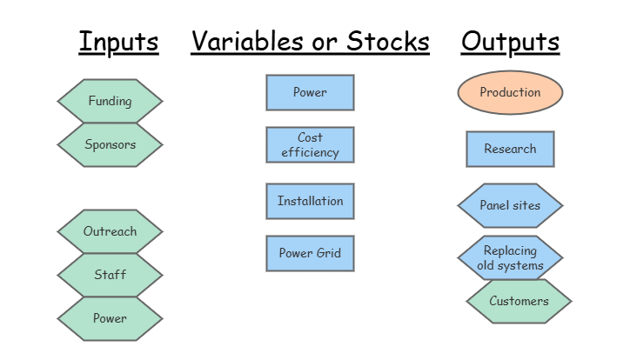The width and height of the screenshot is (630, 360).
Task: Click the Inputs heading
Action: pyautogui.click(x=118, y=41)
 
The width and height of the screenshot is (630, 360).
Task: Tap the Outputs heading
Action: pyautogui.click(x=510, y=41)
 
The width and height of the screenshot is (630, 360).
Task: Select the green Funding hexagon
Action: pyautogui.click(x=110, y=101)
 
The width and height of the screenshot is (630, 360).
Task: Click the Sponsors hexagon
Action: pyautogui.click(x=110, y=144)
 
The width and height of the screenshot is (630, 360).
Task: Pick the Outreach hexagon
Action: pyautogui.click(x=110, y=231)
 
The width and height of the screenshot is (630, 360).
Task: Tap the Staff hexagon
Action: pyautogui.click(x=110, y=275)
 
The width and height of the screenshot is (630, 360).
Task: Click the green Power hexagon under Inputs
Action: pyautogui.click(x=110, y=318)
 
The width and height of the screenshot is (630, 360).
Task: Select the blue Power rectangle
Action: pyautogui.click(x=310, y=92)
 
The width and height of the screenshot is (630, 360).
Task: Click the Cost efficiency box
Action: pyautogui.click(x=310, y=144)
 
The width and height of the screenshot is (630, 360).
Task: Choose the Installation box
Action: pyautogui.click(x=310, y=201)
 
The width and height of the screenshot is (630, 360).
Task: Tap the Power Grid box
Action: pyautogui.click(x=310, y=253)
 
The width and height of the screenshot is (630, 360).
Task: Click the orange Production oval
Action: pyautogui.click(x=510, y=92)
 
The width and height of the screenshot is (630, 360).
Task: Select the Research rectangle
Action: pyautogui.click(x=510, y=149)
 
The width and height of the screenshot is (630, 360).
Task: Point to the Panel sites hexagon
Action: pyautogui.click(x=510, y=205)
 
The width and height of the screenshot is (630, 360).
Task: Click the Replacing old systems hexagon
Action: pyautogui.click(x=510, y=257)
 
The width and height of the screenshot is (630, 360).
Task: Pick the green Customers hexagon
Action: pyautogui.click(x=519, y=301)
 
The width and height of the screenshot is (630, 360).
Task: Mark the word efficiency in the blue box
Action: pyautogui.click(x=310, y=151)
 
